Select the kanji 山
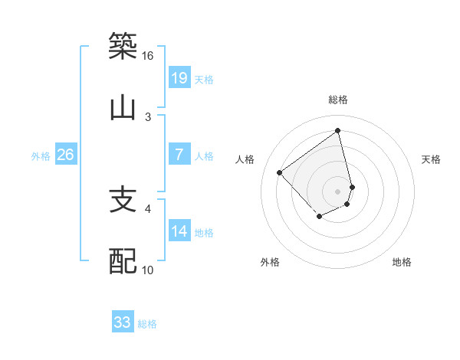click(123, 108)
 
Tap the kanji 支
click(123, 200)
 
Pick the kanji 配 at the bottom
click(123, 261)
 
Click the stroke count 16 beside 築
click(147, 56)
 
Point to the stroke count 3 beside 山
click(148, 116)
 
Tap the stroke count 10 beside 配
click(147, 270)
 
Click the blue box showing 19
click(179, 77)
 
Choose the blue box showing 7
click(179, 155)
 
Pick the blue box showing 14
click(179, 231)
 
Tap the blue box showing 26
click(65, 155)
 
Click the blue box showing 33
click(123, 322)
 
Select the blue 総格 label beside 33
click(147, 324)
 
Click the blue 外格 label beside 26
click(41, 156)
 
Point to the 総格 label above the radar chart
click(338, 100)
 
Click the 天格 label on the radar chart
click(432, 159)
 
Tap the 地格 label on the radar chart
click(402, 263)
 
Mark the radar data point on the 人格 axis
click(280, 172)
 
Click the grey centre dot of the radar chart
click(338, 191)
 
